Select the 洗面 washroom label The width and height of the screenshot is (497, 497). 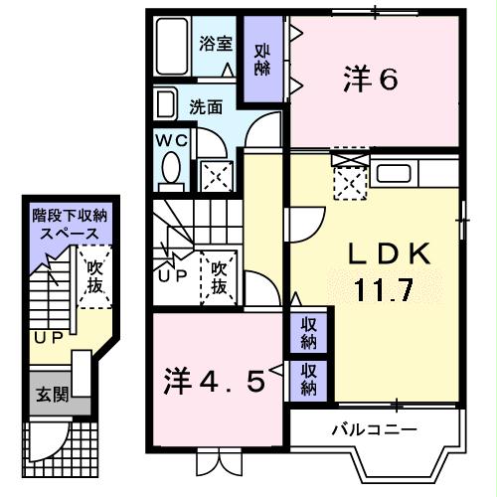206,106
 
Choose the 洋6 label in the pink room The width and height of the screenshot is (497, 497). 372,80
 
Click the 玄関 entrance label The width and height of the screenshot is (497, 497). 54,395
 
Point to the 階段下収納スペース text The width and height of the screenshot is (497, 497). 68,223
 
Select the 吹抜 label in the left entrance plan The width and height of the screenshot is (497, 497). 94,277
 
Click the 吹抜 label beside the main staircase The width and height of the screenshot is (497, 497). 220,278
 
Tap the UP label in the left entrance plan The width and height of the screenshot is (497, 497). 46,337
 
